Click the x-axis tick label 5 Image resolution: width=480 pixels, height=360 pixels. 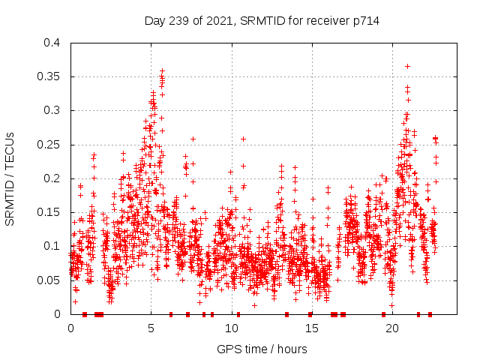[x=151, y=328]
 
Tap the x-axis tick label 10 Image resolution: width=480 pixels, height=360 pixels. [x=232, y=328]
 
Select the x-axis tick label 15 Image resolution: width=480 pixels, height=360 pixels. [x=312, y=328]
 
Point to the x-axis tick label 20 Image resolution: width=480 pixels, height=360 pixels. [x=392, y=328]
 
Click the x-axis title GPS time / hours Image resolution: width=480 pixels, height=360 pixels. [x=261, y=349]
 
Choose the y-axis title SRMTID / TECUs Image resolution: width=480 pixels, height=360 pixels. [x=10, y=179]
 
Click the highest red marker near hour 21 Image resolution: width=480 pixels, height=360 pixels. [x=407, y=66]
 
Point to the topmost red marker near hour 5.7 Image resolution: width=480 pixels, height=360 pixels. [x=162, y=70]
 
